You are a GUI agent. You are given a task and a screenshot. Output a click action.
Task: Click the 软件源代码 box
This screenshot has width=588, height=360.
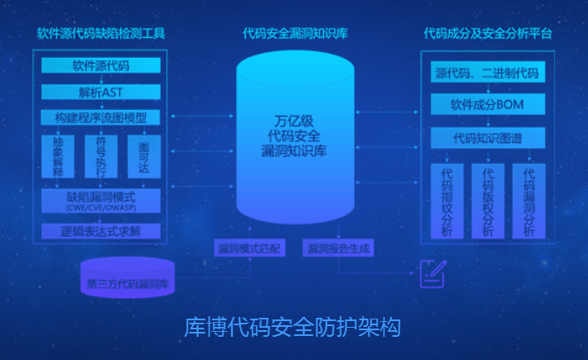pyautogui.click(x=100, y=65)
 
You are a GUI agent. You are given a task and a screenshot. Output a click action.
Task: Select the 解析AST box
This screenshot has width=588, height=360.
pyautogui.click(x=100, y=91)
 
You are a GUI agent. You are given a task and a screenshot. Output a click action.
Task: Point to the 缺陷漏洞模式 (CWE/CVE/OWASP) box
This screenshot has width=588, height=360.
pyautogui.click(x=100, y=201)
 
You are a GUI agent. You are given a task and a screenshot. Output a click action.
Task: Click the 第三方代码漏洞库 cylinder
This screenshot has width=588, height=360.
pyautogui.click(x=128, y=281)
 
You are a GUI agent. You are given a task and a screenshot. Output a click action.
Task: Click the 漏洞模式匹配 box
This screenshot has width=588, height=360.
pyautogui.click(x=248, y=247)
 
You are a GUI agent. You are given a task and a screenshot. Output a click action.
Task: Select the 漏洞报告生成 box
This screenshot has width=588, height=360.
pyautogui.click(x=340, y=247)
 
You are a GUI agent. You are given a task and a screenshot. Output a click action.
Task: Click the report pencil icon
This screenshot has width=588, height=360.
pyautogui.click(x=432, y=272)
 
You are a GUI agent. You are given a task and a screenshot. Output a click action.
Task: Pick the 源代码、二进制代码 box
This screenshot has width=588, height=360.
pyautogui.click(x=487, y=74)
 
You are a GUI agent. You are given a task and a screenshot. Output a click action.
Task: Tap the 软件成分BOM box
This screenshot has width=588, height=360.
pyautogui.click(x=487, y=104)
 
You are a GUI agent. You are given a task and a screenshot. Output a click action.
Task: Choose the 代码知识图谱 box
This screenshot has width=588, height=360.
pyautogui.click(x=487, y=137)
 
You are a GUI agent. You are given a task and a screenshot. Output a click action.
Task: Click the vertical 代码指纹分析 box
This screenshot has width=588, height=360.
pyautogui.click(x=448, y=201)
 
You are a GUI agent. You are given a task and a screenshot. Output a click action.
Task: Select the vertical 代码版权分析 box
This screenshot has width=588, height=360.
pyautogui.click(x=488, y=201)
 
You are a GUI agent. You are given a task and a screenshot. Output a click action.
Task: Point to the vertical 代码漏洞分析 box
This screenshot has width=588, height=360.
pyautogui.click(x=528, y=201)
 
